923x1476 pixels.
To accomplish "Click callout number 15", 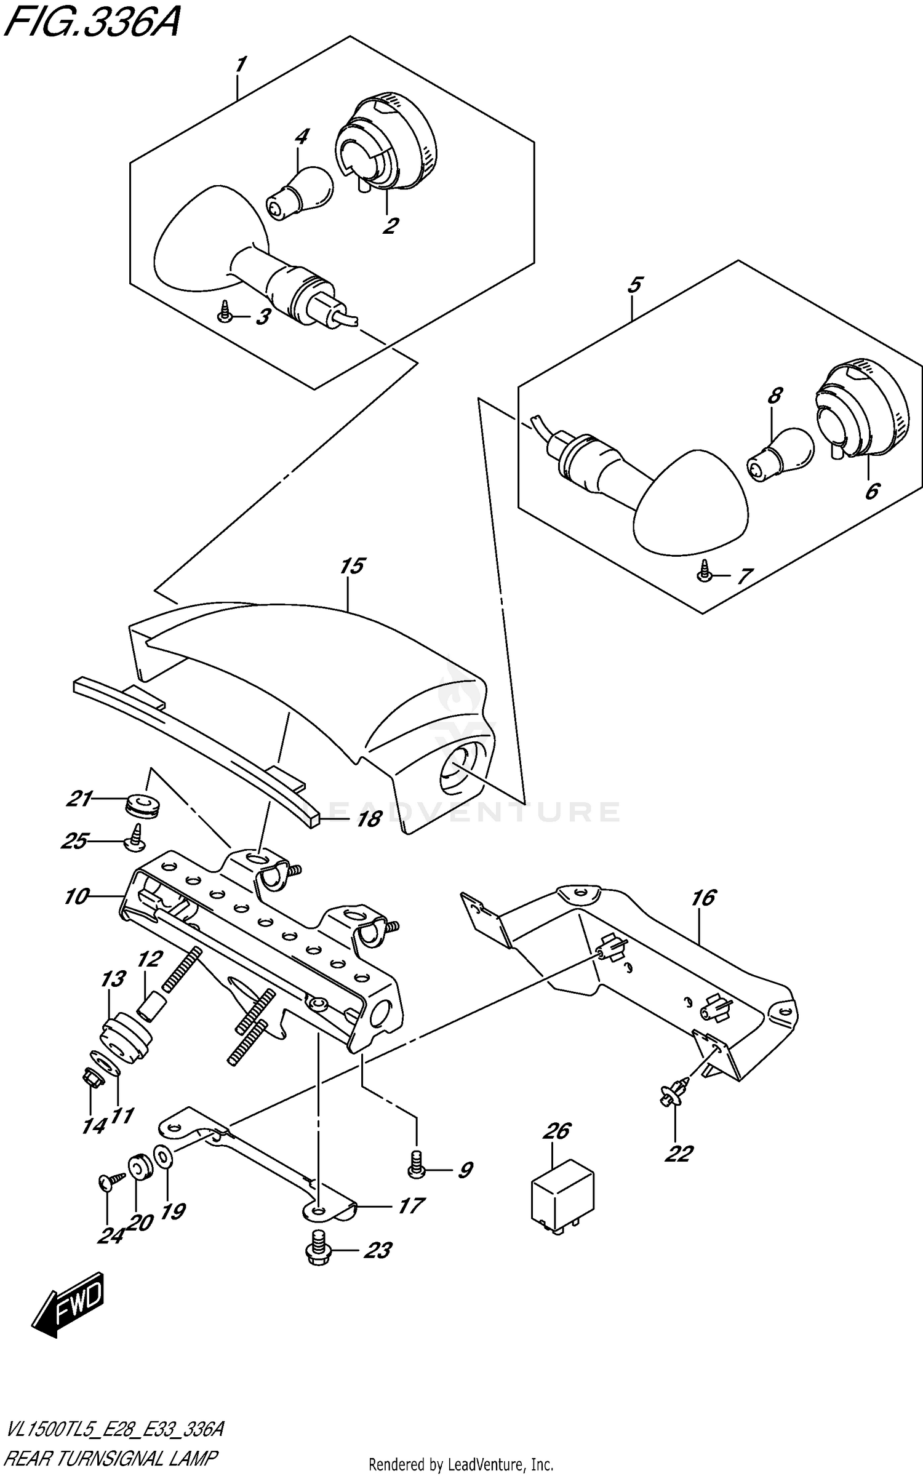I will (x=352, y=565).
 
